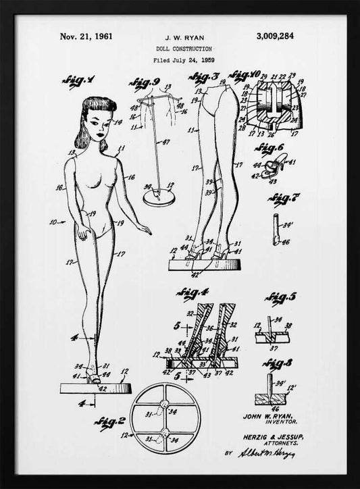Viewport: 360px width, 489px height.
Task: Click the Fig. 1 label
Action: (78, 82)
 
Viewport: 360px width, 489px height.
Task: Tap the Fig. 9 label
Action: (143, 84)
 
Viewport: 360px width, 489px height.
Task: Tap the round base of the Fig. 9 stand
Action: (161, 198)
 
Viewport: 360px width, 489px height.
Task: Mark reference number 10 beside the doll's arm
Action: (52, 221)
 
